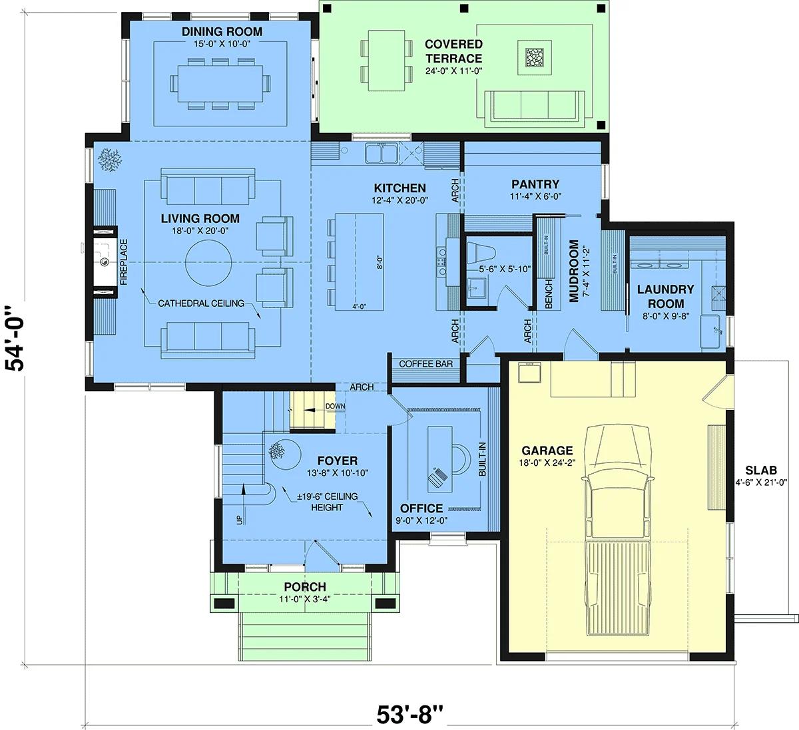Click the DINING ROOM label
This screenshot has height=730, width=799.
pyautogui.click(x=222, y=31)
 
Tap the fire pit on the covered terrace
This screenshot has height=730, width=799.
pyautogui.click(x=535, y=57)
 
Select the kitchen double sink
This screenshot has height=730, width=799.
pyautogui.click(x=382, y=153)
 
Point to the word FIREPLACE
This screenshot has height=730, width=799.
pyautogui.click(x=124, y=262)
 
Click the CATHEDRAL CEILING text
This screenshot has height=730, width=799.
pyautogui.click(x=201, y=303)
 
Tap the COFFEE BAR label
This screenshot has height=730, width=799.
pyautogui.click(x=425, y=363)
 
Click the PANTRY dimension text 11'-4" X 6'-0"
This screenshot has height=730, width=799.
pyautogui.click(x=535, y=196)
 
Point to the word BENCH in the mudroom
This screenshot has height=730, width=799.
pyautogui.click(x=549, y=294)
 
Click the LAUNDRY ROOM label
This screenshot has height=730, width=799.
pyautogui.click(x=666, y=296)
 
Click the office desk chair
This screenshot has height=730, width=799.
pyautogui.click(x=462, y=458)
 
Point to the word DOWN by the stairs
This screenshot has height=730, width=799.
pyautogui.click(x=336, y=406)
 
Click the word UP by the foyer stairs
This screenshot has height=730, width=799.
pyautogui.click(x=240, y=520)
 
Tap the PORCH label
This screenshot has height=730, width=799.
pyautogui.click(x=305, y=587)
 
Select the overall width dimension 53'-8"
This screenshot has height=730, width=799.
pyautogui.click(x=410, y=714)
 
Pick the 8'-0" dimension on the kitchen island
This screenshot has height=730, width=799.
pyautogui.click(x=380, y=262)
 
